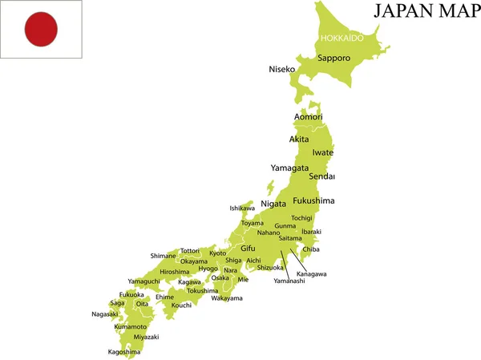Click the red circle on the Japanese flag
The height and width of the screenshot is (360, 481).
coord(41,30)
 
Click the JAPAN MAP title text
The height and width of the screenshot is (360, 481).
coord(425,11)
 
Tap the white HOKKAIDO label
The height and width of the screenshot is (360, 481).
coord(342,38)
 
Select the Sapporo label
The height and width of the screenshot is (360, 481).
coord(333,58)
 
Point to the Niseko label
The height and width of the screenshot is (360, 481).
coord(283,69)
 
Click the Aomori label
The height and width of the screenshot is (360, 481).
coord(309,117)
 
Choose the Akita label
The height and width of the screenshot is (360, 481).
coord(299,139)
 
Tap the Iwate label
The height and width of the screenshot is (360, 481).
coord(323,152)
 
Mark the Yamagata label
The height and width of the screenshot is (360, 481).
coord(289,168)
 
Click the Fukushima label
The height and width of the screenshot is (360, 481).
coord(313,200)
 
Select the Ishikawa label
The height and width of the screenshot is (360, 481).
coord(242,208)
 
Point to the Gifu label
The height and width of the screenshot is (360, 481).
coord(249,249)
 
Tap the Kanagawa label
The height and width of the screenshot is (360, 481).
coord(312,274)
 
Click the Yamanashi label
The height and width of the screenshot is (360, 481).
coord(289,281)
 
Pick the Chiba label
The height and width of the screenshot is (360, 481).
coord(311,249)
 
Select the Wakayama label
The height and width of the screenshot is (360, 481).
coord(227,298)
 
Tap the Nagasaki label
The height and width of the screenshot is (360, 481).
coord(105,313)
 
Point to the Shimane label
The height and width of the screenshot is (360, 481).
coord(163,256)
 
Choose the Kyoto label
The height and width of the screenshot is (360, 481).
coord(218,253)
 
